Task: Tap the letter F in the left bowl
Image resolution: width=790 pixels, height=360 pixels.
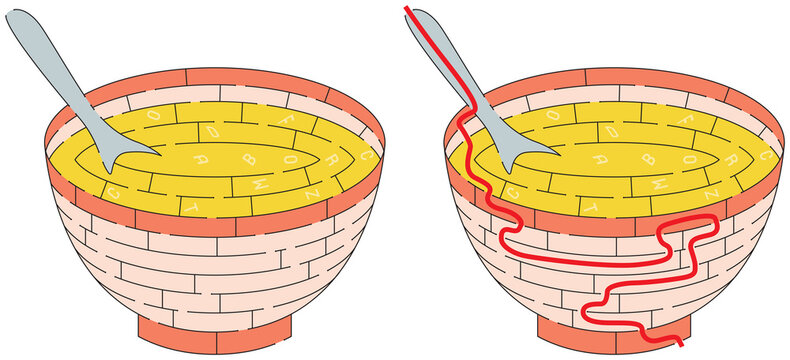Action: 289,119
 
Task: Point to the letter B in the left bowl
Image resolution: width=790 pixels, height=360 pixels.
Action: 251,157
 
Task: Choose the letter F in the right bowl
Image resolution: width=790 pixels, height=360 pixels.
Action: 688,119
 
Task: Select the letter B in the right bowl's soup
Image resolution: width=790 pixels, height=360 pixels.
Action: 649,157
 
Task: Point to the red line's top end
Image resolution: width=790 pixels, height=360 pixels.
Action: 407,8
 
